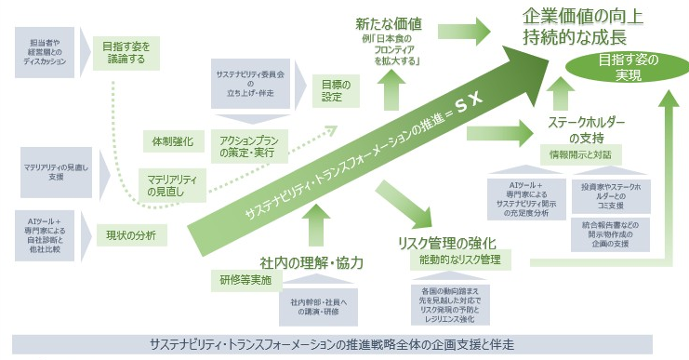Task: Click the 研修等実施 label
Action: click(245, 279)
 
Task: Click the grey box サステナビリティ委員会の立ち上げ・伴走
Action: click(247, 83)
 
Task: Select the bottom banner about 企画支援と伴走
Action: click(344, 344)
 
